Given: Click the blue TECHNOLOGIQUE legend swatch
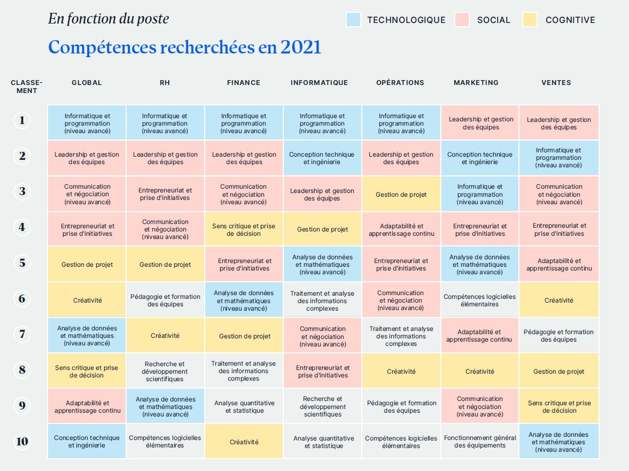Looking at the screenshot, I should (x=353, y=20).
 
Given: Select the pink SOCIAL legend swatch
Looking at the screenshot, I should (x=462, y=20).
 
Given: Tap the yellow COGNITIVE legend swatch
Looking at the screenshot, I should (x=530, y=20).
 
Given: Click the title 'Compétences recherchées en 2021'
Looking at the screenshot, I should (x=185, y=48).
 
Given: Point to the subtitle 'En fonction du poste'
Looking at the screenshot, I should (x=108, y=19).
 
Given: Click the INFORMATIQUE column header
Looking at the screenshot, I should (x=319, y=83).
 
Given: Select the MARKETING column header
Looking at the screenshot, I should (x=476, y=83).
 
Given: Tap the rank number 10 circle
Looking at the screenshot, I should (x=22, y=442).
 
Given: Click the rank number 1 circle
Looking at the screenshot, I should (x=22, y=120).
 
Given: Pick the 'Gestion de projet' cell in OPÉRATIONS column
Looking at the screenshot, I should (x=401, y=195).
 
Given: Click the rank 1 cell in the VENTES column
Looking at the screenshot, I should (x=558, y=123).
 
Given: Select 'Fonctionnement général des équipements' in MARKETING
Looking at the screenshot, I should (x=480, y=442).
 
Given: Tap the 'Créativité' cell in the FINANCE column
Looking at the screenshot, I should (x=244, y=442).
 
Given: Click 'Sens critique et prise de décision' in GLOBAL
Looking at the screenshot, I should (x=87, y=372).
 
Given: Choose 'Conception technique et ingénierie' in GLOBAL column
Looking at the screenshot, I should (x=87, y=442).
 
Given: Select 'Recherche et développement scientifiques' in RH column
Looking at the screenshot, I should (x=165, y=372).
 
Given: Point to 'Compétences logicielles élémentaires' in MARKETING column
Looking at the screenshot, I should (x=479, y=300).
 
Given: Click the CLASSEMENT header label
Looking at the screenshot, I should (x=26, y=87).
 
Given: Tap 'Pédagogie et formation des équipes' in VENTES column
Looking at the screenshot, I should (x=558, y=336).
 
